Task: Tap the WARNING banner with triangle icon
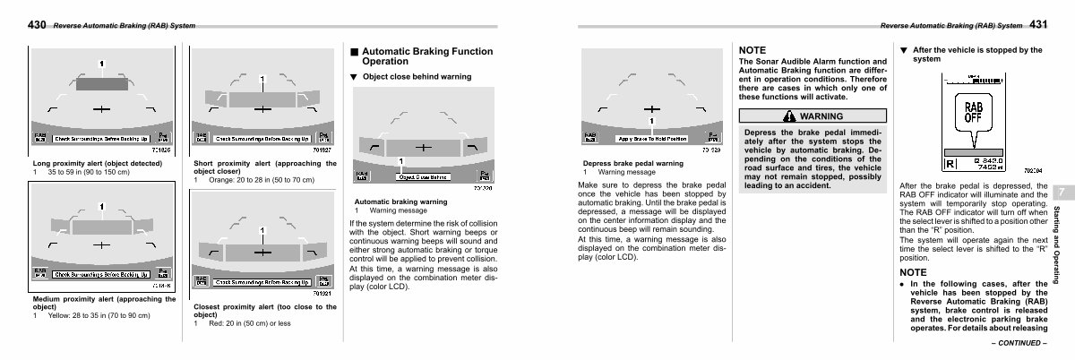point(812,116)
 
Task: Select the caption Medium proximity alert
point(103,302)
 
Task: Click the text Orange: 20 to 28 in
point(260,180)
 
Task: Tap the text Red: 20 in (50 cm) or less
point(247,323)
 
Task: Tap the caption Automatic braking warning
point(401,201)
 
